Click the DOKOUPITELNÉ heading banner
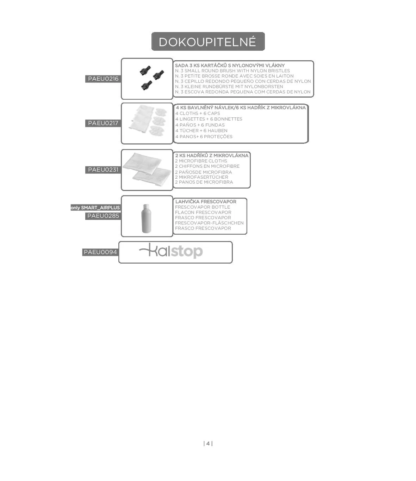[x=208, y=42]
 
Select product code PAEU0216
[x=103, y=79]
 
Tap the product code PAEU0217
[x=103, y=123]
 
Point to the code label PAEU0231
[x=103, y=169]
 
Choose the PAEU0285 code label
[x=103, y=216]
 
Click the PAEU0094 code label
[x=100, y=252]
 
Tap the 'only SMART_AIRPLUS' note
[x=95, y=208]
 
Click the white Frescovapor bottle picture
[x=146, y=218]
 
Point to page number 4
[x=208, y=443]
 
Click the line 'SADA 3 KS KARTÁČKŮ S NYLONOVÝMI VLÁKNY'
[x=230, y=65]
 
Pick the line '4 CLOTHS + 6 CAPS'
[x=198, y=113]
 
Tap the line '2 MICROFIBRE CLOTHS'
[x=201, y=161]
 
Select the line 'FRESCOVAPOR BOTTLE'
[x=203, y=207]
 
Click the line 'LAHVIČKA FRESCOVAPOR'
[x=206, y=202]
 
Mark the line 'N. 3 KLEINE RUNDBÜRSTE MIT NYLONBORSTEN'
[x=229, y=86]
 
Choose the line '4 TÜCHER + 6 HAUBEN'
[x=201, y=130]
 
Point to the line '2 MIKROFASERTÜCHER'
[x=201, y=177]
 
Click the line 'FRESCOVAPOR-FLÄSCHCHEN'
[x=209, y=223]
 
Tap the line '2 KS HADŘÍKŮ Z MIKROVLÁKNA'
[x=212, y=155]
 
